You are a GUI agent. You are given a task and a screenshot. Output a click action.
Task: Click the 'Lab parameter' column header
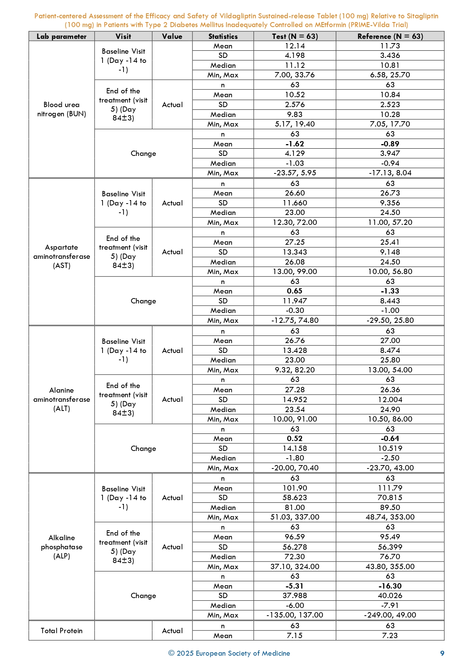pos(61,37)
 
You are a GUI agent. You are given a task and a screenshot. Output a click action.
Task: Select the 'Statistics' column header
pos(223,37)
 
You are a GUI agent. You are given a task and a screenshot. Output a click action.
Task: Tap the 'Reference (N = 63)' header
pos(390,37)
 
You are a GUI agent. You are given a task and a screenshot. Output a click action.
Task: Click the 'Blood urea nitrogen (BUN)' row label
pos(61,109)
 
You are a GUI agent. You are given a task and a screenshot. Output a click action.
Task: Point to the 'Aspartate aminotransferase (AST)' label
pos(61,257)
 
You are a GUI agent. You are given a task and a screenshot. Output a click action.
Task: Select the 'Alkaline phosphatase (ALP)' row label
pos(61,547)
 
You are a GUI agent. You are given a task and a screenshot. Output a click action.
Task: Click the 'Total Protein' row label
pos(61,631)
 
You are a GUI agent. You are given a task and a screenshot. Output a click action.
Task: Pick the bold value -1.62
pos(295,144)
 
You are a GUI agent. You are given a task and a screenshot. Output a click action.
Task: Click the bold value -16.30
pos(390,586)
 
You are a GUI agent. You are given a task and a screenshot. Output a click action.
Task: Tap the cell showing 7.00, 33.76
pos(295,75)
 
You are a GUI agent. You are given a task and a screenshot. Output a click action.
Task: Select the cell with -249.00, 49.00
pos(390,615)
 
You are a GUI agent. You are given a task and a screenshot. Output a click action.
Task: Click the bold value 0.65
pos(295,291)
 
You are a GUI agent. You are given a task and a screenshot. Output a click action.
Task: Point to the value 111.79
pos(390,488)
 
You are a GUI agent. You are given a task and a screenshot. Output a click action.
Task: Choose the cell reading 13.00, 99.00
pos(295,272)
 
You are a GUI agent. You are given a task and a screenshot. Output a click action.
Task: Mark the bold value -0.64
pos(390,439)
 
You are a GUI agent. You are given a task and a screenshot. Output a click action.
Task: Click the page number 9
pos(442,653)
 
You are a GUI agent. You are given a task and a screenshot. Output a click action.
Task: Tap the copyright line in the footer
pos(229,653)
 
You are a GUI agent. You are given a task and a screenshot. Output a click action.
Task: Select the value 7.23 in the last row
pos(390,636)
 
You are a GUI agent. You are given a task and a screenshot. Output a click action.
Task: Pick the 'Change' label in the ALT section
pos(143,449)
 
